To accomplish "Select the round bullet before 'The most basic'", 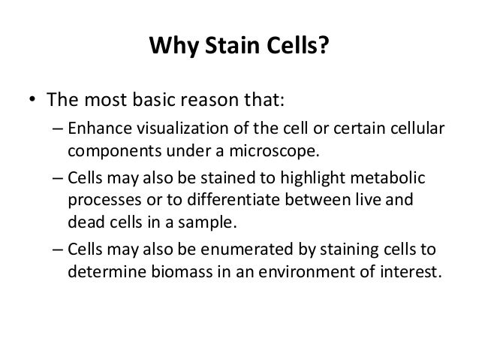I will click(33, 101).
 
